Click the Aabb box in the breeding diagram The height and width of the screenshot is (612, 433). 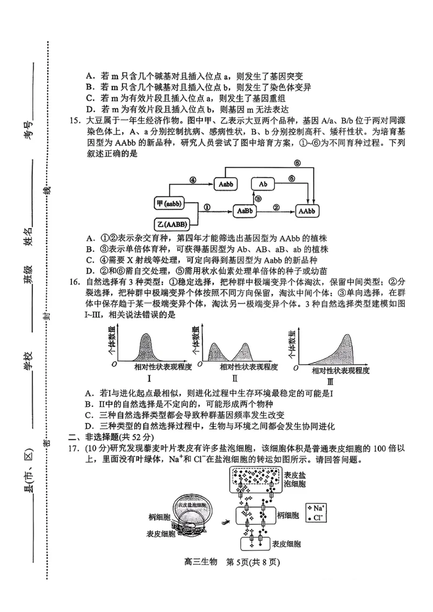point(226,184)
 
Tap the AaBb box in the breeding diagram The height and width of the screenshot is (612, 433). point(245,211)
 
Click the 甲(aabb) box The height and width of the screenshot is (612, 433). point(169,204)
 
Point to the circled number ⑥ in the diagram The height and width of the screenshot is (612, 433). point(297,163)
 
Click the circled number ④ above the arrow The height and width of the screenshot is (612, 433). point(193,180)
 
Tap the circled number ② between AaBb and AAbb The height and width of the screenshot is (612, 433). point(276,206)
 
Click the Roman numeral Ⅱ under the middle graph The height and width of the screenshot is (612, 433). point(234,379)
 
